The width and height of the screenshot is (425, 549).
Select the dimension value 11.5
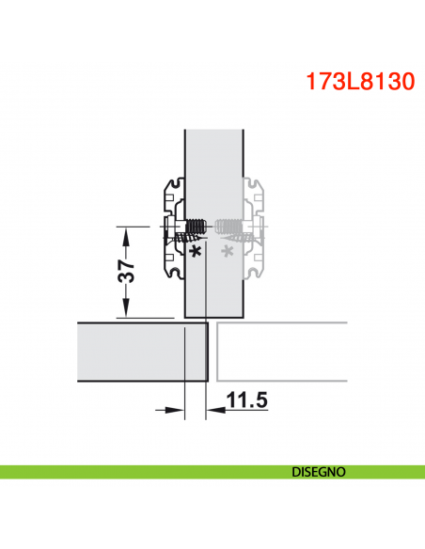click(x=247, y=401)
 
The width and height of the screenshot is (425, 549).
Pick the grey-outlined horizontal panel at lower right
click(x=282, y=353)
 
